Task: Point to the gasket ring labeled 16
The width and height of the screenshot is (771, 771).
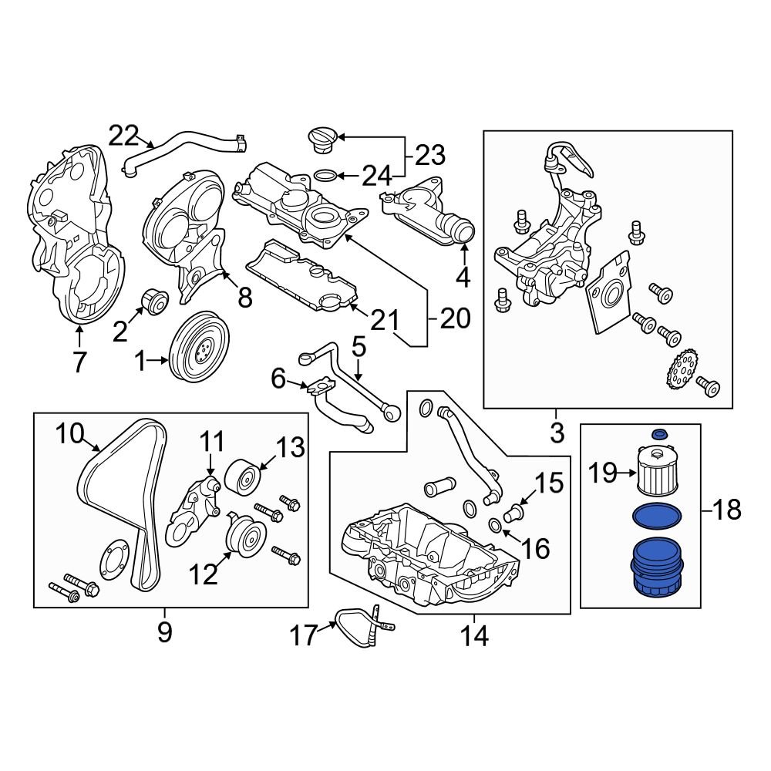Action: pos(495,527)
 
